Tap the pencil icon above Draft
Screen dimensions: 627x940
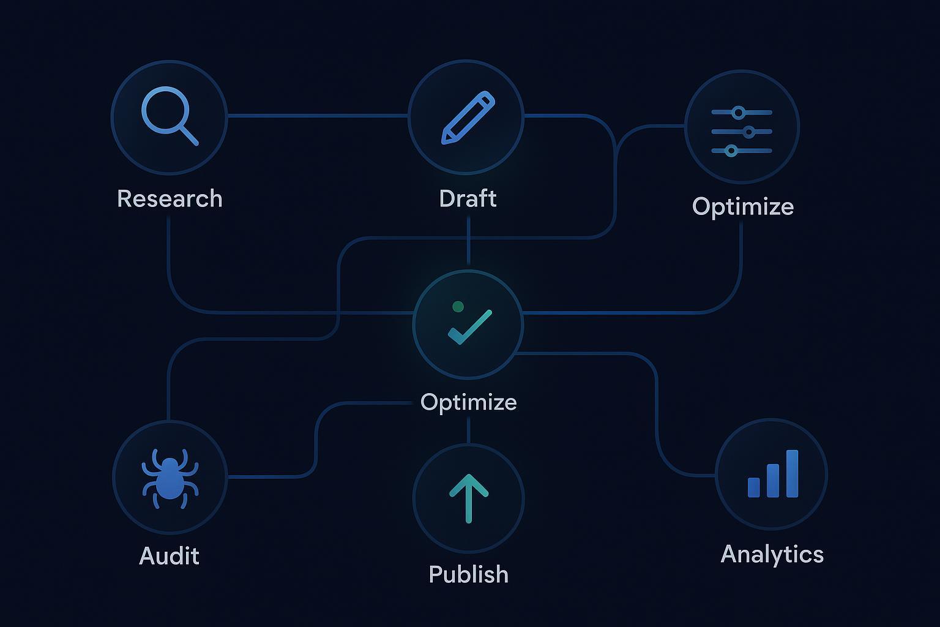click(468, 118)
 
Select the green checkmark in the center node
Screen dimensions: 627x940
click(469, 327)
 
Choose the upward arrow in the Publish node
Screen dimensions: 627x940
click(469, 497)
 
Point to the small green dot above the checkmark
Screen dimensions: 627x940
click(457, 306)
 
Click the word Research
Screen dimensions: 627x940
click(170, 199)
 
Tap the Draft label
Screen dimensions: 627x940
click(468, 199)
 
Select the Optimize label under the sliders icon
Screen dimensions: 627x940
click(742, 207)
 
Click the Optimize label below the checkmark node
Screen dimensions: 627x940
click(468, 402)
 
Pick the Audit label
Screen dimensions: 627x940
click(169, 556)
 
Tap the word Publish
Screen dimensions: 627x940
click(468, 574)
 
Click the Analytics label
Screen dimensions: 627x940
click(772, 554)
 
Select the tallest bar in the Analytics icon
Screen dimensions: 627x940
click(792, 473)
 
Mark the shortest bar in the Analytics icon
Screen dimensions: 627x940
click(754, 487)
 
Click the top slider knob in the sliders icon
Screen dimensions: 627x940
click(739, 113)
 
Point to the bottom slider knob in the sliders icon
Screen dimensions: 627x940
click(731, 151)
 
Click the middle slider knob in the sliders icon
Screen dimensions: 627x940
click(748, 132)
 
